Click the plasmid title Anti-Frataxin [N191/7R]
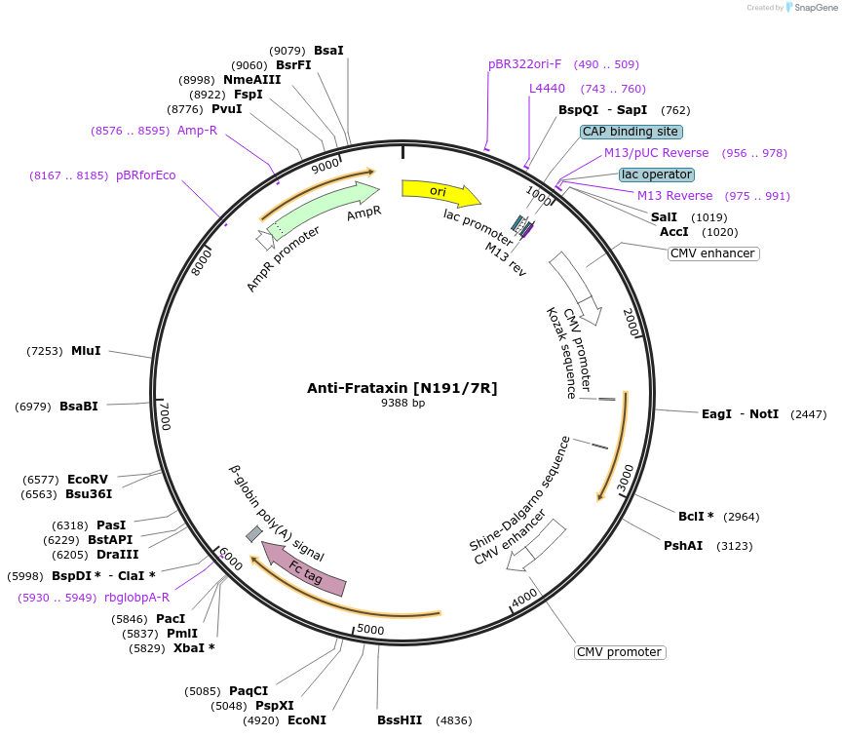tap(402, 388)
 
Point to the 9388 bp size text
tap(402, 403)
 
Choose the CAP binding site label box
tap(631, 132)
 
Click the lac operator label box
tap(657, 175)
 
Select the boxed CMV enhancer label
tap(713, 253)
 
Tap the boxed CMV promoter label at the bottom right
tap(619, 652)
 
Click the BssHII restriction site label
tap(400, 720)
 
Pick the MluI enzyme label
tap(86, 350)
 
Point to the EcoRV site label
tap(88, 479)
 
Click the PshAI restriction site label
tap(683, 546)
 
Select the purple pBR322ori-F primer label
tap(524, 64)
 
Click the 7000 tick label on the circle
tap(166, 416)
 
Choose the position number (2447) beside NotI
tap(808, 414)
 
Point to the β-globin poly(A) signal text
tap(277, 513)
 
